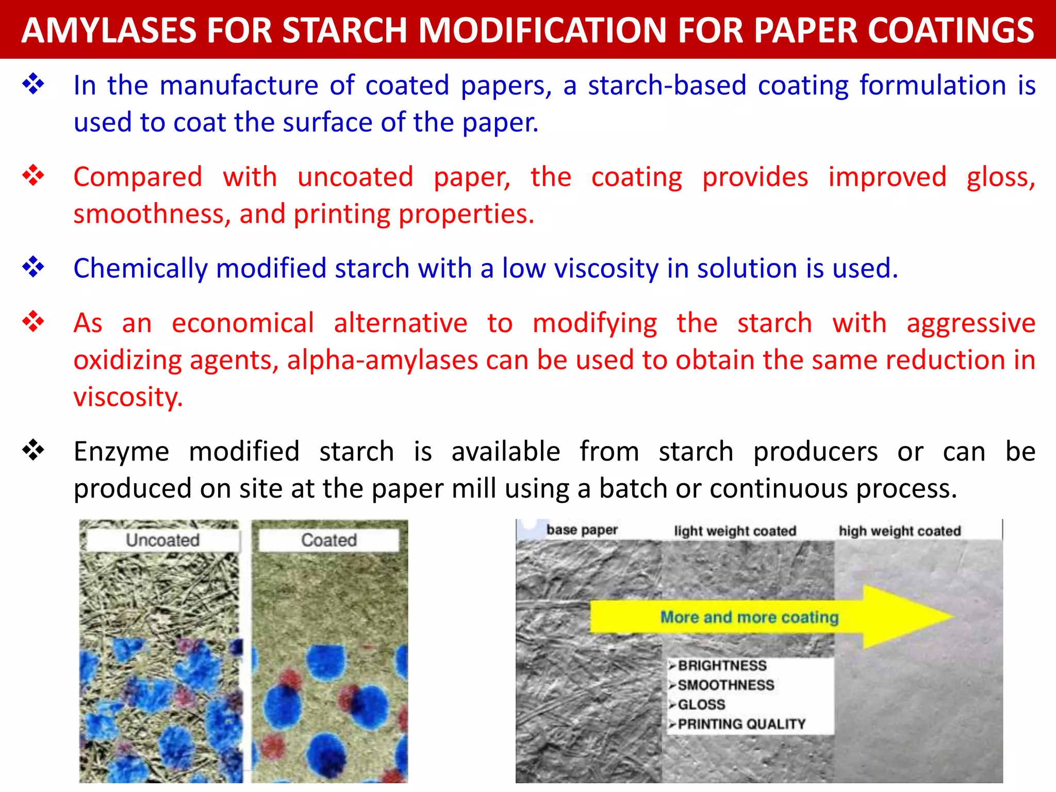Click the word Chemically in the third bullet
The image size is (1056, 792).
pos(140,269)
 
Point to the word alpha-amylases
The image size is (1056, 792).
pos(382,360)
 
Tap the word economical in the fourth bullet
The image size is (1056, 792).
pos(242,323)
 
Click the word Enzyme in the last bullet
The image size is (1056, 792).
pos(121,452)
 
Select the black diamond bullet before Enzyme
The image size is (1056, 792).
pos(34,450)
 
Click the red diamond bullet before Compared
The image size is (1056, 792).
pos(34,176)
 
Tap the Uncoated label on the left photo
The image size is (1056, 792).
pos(162,540)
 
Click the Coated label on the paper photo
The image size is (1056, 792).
pos(329,540)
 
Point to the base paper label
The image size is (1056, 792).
pos(582,530)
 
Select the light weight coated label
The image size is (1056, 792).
pos(735,531)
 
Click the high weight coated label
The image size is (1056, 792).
pos(900,531)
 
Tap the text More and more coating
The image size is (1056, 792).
pos(749,617)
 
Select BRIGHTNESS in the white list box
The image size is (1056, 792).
pos(722,666)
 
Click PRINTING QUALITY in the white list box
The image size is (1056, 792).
pos(741,724)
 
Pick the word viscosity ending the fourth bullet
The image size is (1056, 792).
pos(127,398)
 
